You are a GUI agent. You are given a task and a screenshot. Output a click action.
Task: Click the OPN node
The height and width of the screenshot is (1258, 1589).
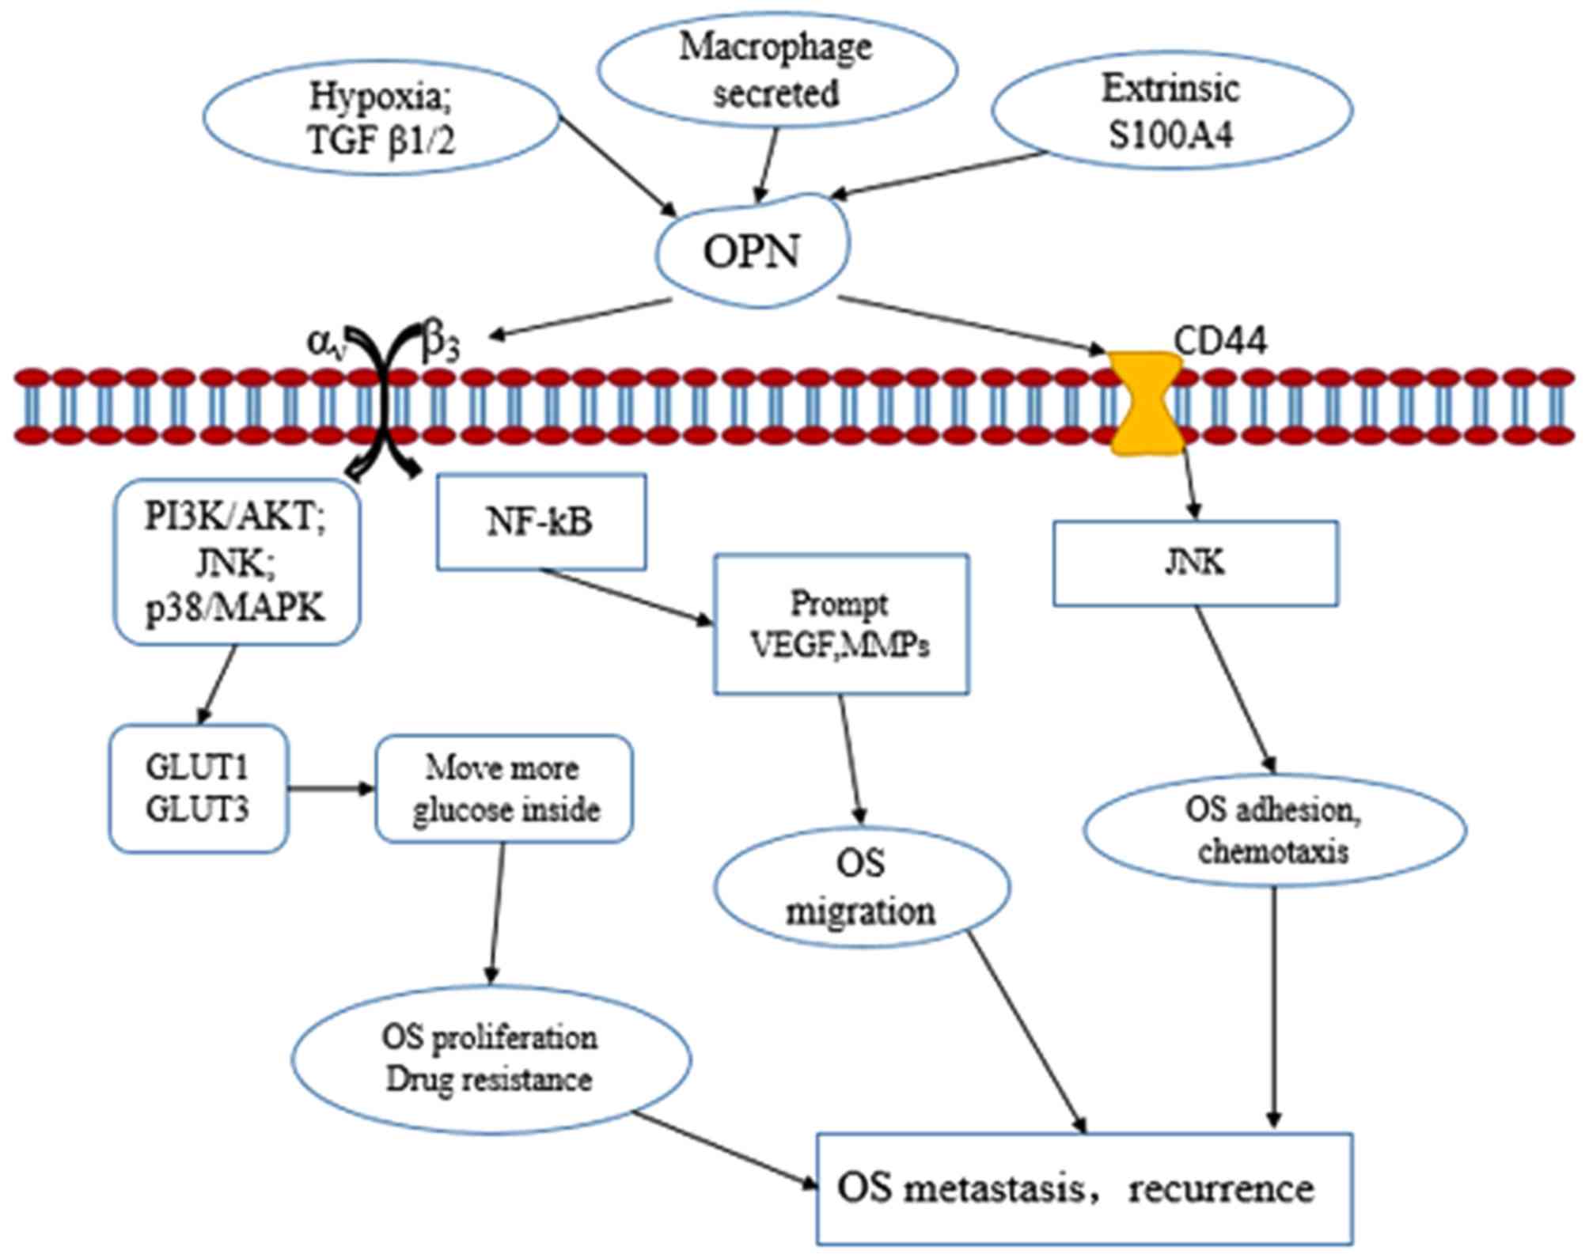(752, 252)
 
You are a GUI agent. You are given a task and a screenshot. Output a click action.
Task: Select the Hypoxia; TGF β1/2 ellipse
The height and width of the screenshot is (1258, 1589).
(381, 119)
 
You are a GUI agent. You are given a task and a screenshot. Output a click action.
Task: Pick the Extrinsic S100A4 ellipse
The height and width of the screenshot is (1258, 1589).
(1171, 111)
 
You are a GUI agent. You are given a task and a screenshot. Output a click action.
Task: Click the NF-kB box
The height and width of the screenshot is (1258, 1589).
(541, 522)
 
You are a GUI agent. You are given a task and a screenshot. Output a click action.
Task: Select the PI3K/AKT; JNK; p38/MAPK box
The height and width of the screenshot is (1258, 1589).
(237, 563)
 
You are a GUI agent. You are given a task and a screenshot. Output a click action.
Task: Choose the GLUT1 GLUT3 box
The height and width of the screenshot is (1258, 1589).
(198, 788)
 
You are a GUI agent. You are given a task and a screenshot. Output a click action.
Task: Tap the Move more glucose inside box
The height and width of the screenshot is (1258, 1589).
(504, 789)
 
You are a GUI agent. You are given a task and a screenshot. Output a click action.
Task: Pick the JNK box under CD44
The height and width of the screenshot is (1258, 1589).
(1195, 563)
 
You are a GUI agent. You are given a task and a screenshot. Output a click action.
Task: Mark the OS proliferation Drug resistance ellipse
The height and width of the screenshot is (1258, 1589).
(491, 1059)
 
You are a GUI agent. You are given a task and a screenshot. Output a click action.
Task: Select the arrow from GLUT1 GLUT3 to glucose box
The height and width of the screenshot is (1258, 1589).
(331, 788)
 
